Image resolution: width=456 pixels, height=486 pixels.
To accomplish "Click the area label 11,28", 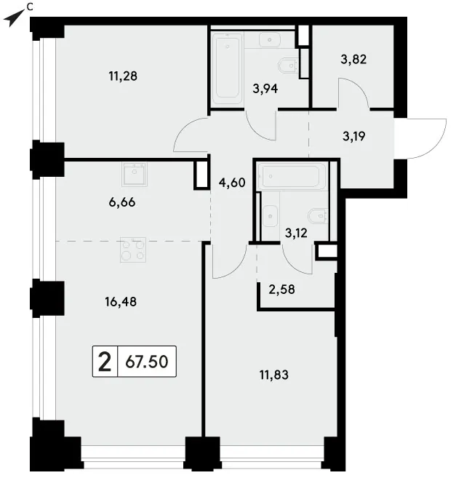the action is click(123, 76).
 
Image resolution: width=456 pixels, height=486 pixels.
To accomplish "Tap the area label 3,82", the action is click(353, 59).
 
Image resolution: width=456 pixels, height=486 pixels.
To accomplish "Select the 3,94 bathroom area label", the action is click(265, 89).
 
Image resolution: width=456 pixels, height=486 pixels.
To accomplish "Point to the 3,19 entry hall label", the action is click(353, 136).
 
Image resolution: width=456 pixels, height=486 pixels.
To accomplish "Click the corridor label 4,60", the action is click(232, 183).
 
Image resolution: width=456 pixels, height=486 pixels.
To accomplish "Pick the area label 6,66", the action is click(122, 202).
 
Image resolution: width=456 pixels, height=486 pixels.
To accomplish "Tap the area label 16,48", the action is click(121, 302).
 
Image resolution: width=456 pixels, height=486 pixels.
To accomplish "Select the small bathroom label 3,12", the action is click(296, 233).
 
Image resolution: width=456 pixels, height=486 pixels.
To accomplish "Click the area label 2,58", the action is click(281, 290).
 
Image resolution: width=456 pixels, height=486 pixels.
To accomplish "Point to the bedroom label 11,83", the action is click(274, 375).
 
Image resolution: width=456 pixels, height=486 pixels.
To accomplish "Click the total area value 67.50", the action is click(147, 362).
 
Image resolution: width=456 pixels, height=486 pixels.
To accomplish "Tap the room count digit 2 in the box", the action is click(105, 362).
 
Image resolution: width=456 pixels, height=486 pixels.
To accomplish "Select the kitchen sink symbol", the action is click(135, 174).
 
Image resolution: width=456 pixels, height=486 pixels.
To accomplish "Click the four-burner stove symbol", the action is click(133, 250).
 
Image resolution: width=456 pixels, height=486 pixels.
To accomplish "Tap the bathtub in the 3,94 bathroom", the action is click(228, 69).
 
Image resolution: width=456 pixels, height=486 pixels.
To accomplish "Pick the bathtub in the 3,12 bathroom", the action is click(292, 177).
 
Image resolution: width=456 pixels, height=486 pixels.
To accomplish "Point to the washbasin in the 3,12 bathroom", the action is click(271, 216).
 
